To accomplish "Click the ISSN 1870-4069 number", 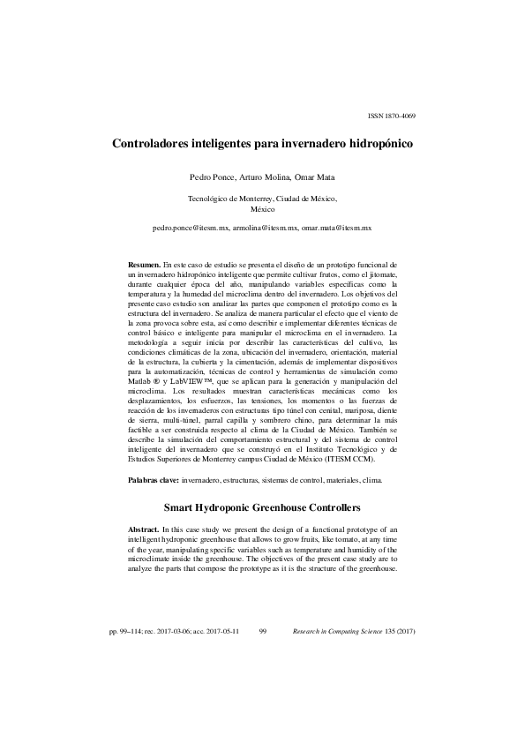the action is tap(391, 116).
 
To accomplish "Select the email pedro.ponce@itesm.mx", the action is tap(191, 228).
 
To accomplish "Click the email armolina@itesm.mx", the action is tap(266, 228).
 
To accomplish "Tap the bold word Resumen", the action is tap(144, 264).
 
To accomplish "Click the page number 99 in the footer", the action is tap(263, 633).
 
